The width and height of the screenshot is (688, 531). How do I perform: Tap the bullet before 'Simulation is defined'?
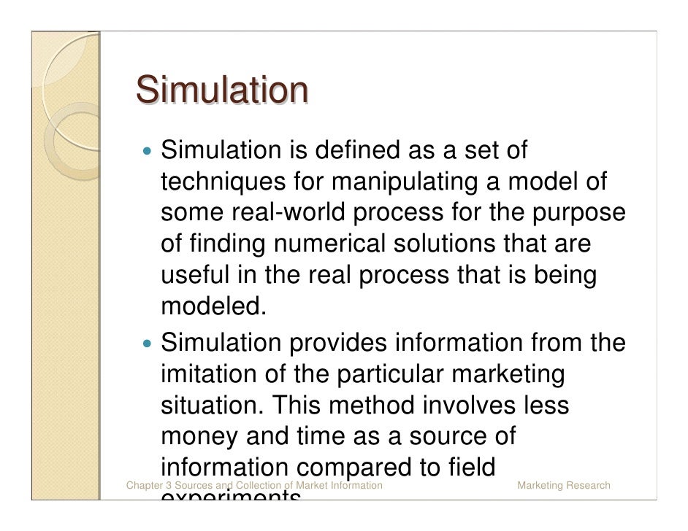point(149,153)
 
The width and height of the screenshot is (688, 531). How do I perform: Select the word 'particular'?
point(391,373)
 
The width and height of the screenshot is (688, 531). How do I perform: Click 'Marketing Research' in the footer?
point(563,485)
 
